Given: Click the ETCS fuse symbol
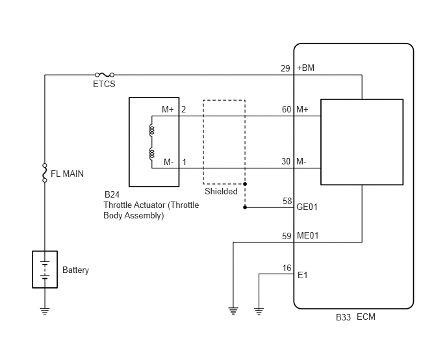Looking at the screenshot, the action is [x=105, y=75].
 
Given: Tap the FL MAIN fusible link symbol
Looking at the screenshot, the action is [x=44, y=173].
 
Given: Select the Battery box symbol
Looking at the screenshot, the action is [x=45, y=269].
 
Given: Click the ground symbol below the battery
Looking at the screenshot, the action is [x=45, y=311].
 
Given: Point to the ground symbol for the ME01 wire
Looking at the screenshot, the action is [x=233, y=311].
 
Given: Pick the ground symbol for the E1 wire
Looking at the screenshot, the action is [x=259, y=311].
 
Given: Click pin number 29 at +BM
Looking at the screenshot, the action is [x=285, y=68].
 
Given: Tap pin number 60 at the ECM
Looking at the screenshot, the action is [x=287, y=110].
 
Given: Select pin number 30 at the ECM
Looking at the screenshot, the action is [x=286, y=161].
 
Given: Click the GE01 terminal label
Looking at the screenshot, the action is [x=307, y=207].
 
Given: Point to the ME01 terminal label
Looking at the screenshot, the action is [x=307, y=236].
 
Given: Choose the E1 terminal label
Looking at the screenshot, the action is [x=303, y=276].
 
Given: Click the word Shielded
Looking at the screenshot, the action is [x=221, y=191].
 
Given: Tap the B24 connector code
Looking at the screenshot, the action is [x=112, y=194].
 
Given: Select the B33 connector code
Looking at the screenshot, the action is [x=343, y=317].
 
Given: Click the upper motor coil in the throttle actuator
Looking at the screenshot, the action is [x=151, y=130].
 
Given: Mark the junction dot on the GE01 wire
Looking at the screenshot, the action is [x=245, y=207].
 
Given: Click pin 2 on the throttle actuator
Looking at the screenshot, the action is [x=184, y=110].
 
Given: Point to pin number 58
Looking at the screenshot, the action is [x=287, y=201].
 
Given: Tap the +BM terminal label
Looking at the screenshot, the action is [x=305, y=68].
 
